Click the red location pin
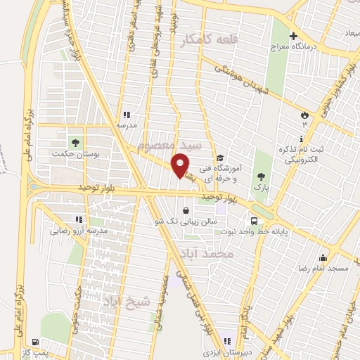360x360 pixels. [x=181, y=165]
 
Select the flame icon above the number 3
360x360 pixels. [x=304, y=114]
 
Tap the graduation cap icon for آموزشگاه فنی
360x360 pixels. [x=220, y=157]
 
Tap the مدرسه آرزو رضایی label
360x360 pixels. [x=79, y=231]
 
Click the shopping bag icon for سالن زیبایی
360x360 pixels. [x=185, y=210]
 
